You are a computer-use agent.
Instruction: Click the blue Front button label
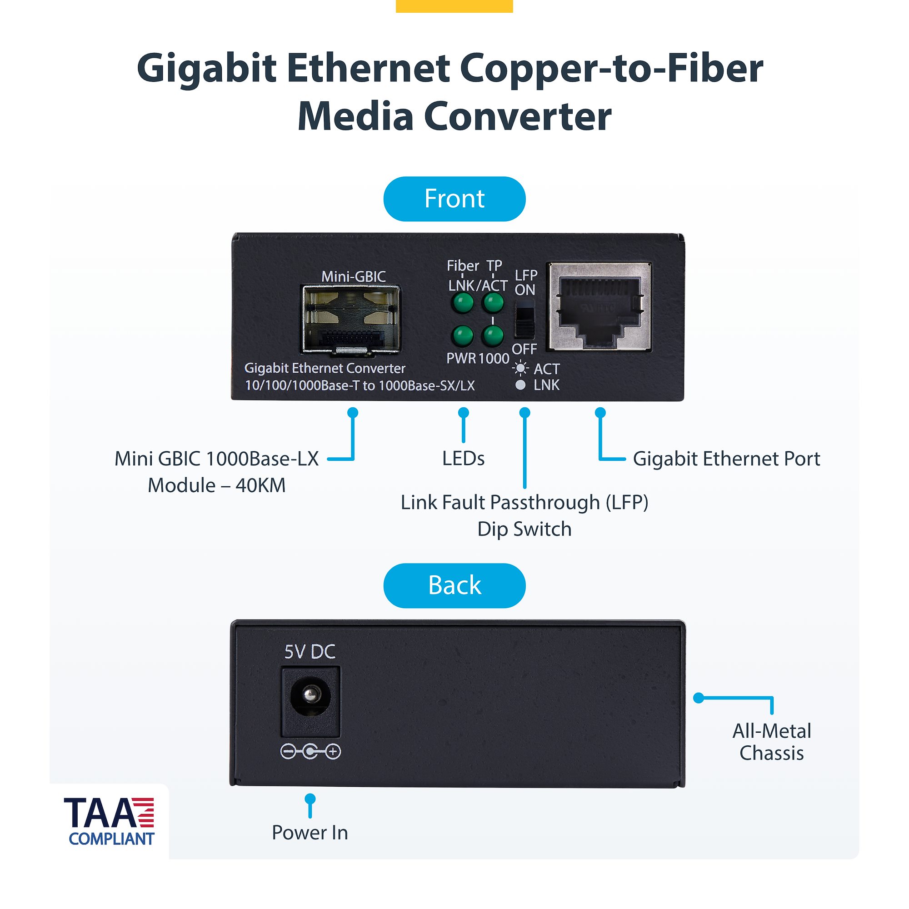[x=454, y=199]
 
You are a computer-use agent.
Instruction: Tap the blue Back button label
[x=454, y=585]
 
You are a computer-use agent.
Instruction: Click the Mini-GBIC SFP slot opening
[x=350, y=319]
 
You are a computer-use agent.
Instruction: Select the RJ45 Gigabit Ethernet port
[x=599, y=307]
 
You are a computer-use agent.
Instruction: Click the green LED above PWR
[x=462, y=335]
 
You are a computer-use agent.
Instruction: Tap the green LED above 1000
[x=493, y=335]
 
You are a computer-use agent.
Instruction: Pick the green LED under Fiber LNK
[x=462, y=303]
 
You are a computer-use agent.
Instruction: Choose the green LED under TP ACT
[x=493, y=303]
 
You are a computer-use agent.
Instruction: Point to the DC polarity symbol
[x=310, y=751]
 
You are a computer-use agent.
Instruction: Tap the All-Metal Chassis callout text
[x=772, y=742]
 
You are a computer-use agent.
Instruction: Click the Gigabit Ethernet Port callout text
[x=726, y=459]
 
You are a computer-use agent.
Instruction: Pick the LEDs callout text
[x=463, y=459]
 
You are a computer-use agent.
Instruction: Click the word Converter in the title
[x=518, y=117]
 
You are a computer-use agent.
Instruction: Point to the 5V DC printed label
[x=310, y=652]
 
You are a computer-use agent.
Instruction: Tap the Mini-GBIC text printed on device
[x=353, y=276]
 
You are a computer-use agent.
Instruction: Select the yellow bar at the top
[x=454, y=5]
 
